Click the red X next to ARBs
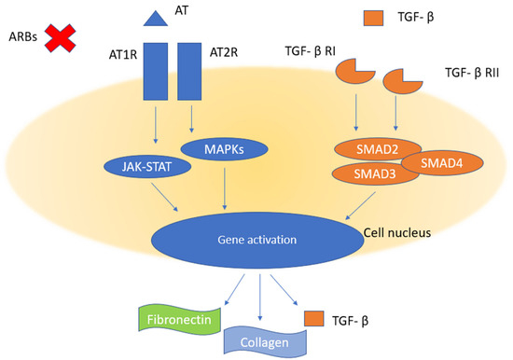pos(62,41)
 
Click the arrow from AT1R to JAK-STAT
pos(154,131)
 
